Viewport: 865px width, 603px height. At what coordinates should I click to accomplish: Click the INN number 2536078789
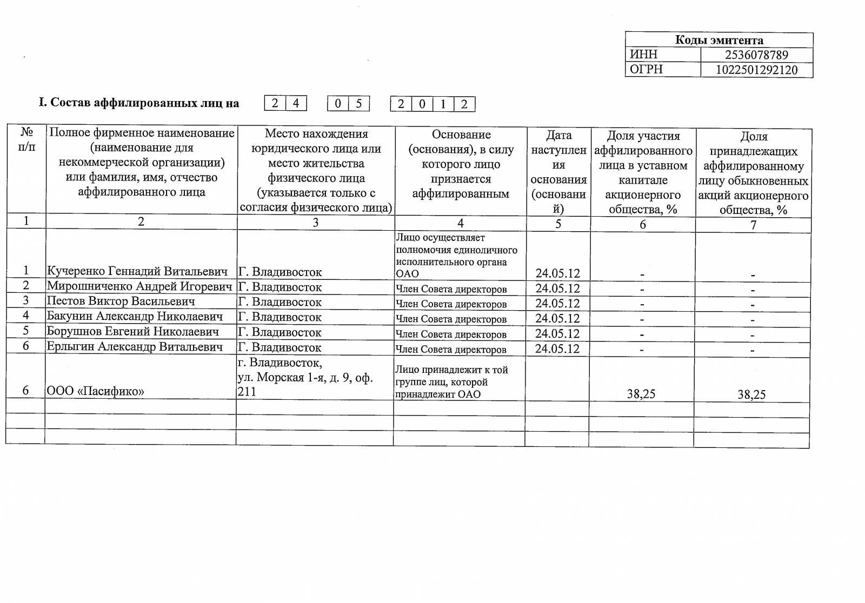[x=756, y=55]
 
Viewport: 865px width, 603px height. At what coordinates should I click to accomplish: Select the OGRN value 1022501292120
[x=756, y=70]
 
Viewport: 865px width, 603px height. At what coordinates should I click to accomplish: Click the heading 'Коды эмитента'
[x=719, y=40]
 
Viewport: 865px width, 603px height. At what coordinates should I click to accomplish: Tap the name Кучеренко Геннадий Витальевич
[x=137, y=271]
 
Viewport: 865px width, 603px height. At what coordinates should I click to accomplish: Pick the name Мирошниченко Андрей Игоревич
[x=139, y=286]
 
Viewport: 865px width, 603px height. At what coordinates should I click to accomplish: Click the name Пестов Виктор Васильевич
[x=121, y=301]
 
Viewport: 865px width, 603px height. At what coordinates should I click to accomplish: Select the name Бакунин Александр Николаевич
[x=135, y=316]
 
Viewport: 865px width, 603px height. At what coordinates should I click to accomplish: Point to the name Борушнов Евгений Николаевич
[x=133, y=331]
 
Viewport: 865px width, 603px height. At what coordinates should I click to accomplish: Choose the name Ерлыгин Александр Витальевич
[x=135, y=346]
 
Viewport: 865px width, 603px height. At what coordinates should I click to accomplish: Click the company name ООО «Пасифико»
[x=96, y=391]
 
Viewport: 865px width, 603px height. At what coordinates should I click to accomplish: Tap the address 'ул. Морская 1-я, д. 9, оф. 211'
[x=305, y=384]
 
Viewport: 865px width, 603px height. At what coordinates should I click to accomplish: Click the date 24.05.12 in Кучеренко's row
[x=557, y=273]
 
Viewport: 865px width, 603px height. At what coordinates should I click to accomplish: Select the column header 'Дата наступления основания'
[x=558, y=171]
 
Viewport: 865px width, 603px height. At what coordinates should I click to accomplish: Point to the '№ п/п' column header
[x=26, y=139]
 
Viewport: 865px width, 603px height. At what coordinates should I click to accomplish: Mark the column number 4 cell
[x=461, y=223]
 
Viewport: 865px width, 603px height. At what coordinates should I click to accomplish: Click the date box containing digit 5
[x=358, y=103]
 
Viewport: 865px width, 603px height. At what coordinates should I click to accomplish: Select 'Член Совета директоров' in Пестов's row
[x=451, y=304]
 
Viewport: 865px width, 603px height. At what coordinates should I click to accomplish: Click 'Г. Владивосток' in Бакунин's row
[x=280, y=317]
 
